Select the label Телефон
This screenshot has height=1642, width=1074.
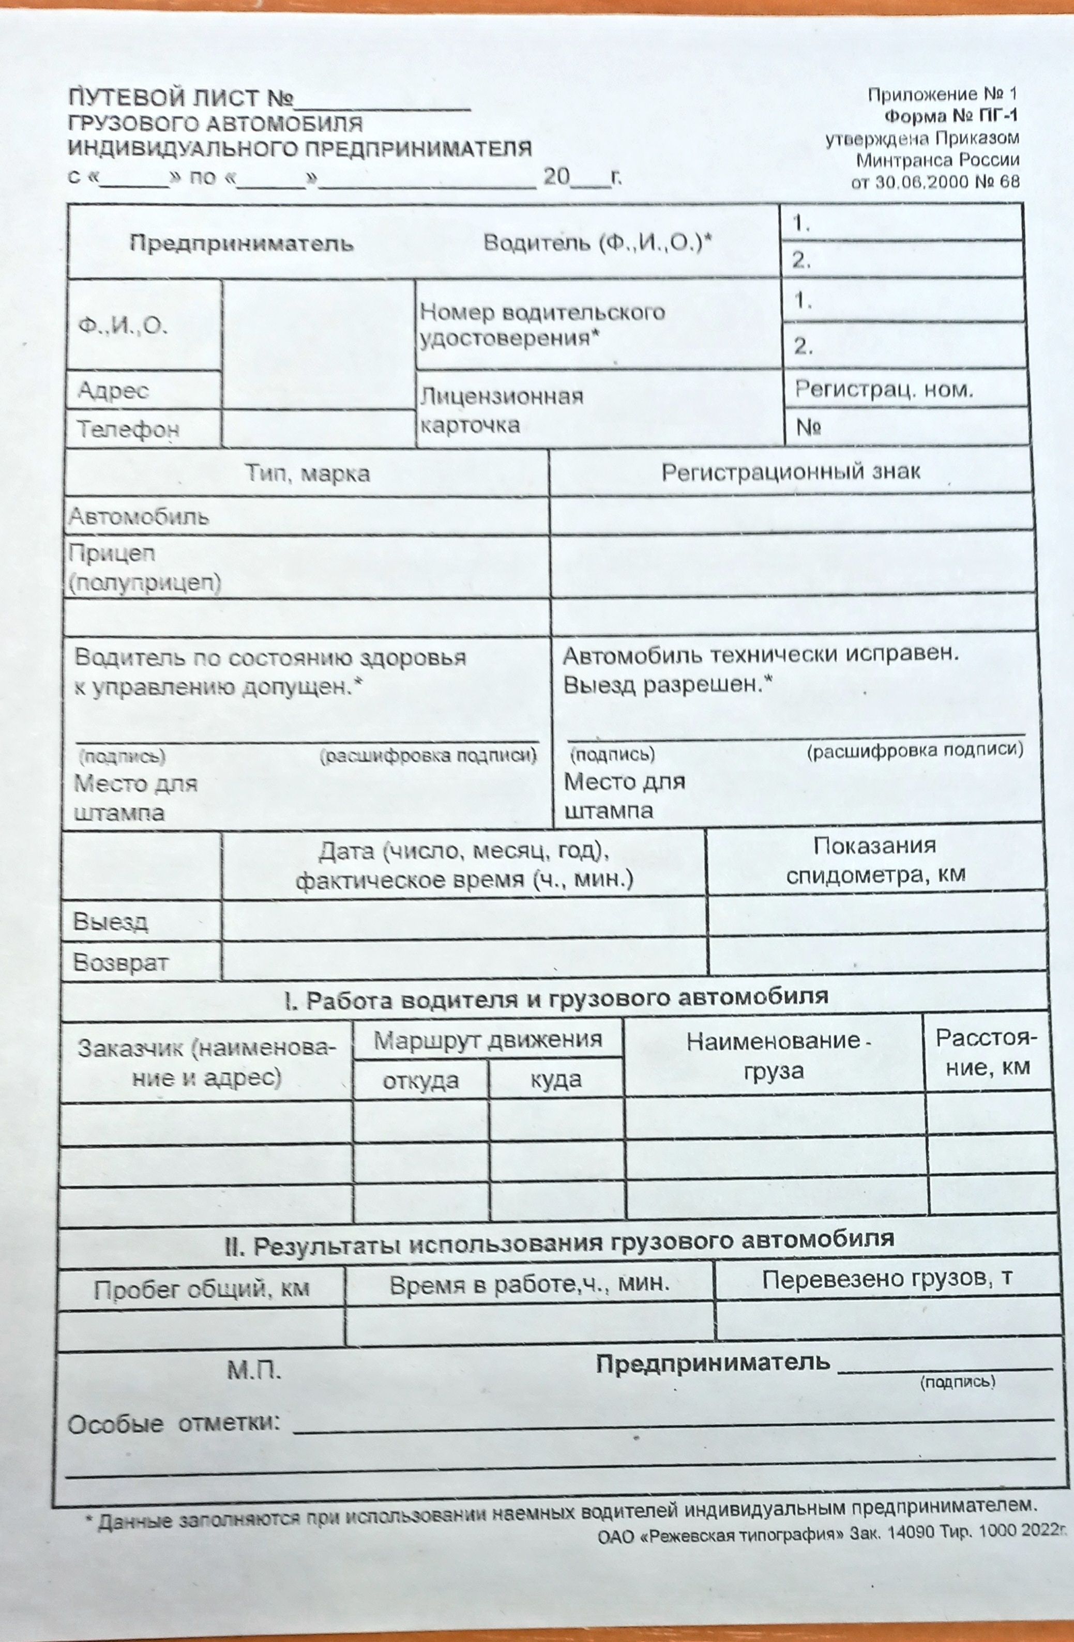click(x=128, y=429)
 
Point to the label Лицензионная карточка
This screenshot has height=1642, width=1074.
click(x=502, y=410)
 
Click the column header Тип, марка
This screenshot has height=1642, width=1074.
click(x=307, y=473)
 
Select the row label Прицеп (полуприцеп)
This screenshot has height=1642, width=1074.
click(x=144, y=568)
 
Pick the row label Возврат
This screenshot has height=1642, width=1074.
click(x=121, y=962)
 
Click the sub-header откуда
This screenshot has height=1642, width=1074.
click(x=420, y=1080)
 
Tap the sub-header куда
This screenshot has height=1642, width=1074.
click(x=556, y=1080)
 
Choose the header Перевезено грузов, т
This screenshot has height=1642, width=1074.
click(x=887, y=1279)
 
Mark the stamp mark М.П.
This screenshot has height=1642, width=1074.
click(x=254, y=1370)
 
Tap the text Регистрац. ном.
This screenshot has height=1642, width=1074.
click(x=884, y=389)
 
